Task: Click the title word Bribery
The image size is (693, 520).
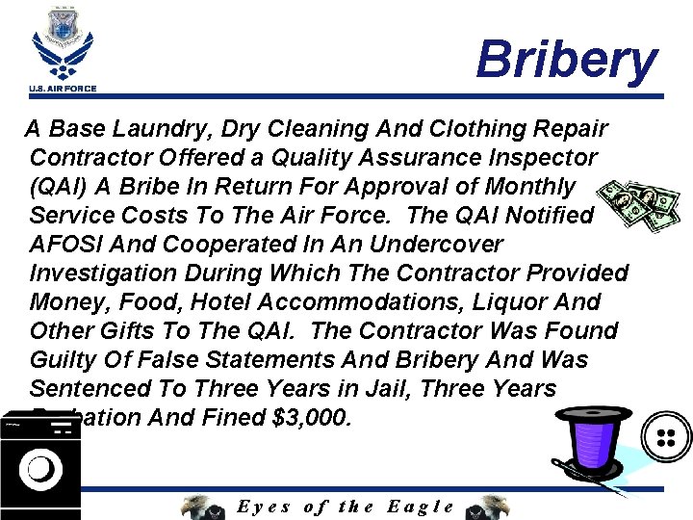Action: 566,60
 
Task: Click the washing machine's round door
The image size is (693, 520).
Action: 39,469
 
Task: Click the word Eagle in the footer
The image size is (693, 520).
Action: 421,507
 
